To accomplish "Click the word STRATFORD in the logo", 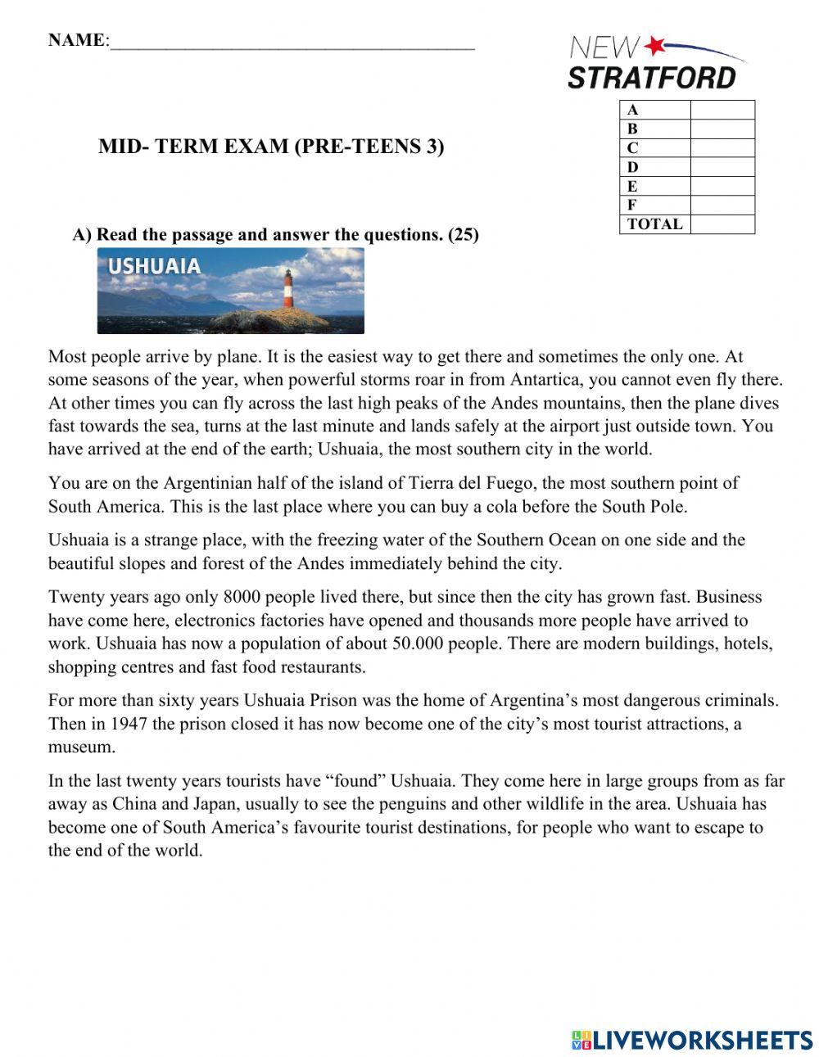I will click(652, 78).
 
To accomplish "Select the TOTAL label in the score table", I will click(654, 224).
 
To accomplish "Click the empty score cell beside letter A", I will click(722, 110).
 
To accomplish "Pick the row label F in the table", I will click(632, 206).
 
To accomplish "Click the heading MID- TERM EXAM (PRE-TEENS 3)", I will click(271, 147).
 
